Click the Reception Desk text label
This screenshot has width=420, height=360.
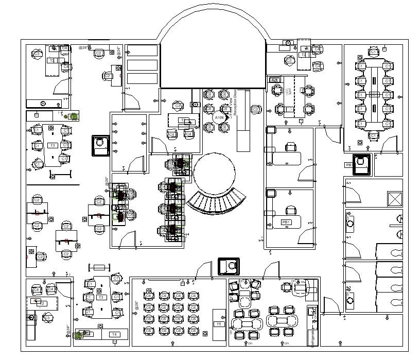click(x=236, y=104)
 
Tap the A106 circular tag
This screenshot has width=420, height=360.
click(x=219, y=118)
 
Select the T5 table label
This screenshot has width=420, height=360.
click(x=219, y=324)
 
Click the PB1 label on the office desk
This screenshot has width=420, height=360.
click(x=286, y=222)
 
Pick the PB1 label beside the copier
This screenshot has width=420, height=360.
click(x=349, y=165)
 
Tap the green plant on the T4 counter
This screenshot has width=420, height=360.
click(x=79, y=335)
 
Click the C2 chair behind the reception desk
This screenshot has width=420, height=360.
click(x=256, y=109)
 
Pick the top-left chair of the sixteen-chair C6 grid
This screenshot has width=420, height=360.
click(x=149, y=295)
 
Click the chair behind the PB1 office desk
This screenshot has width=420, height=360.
click(x=292, y=210)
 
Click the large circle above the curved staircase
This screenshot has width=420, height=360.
click(x=215, y=173)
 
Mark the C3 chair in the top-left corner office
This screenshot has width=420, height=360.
click(x=37, y=54)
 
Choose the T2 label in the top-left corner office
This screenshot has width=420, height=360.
click(x=51, y=60)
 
